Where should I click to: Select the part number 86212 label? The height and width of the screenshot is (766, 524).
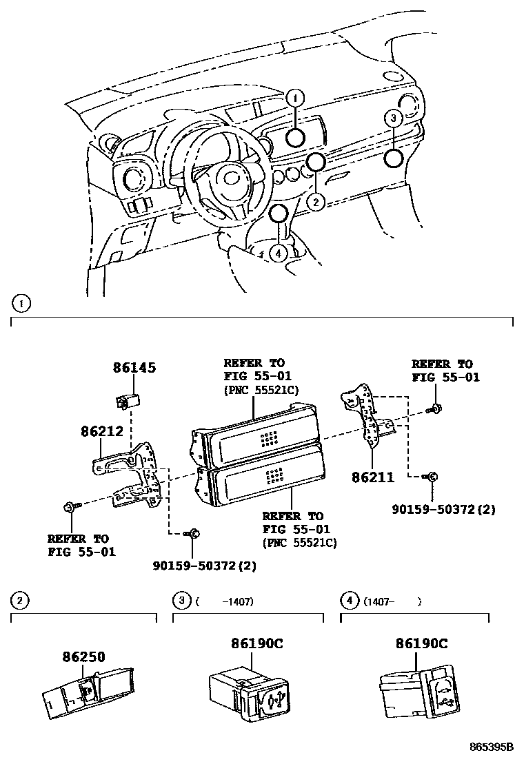coord(101,432)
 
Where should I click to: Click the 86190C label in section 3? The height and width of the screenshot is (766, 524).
coord(257,643)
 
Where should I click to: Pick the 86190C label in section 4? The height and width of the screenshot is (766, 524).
coord(421,643)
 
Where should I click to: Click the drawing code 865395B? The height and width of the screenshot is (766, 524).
coord(492,747)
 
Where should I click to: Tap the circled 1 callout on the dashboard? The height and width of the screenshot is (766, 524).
coord(294,99)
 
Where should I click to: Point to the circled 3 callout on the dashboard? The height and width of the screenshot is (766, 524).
coord(393,118)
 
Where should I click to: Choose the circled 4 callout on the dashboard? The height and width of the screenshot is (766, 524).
coord(278,253)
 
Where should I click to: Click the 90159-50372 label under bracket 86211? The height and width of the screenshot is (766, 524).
coord(444,510)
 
